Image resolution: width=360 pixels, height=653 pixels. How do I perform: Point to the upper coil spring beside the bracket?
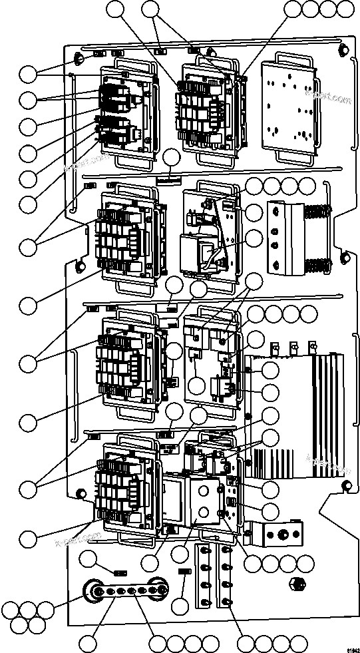tap(317, 213)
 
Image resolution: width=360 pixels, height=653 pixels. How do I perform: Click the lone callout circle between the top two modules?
tap(172, 158)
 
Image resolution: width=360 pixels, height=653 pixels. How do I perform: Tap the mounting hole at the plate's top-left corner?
tap(79, 60)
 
